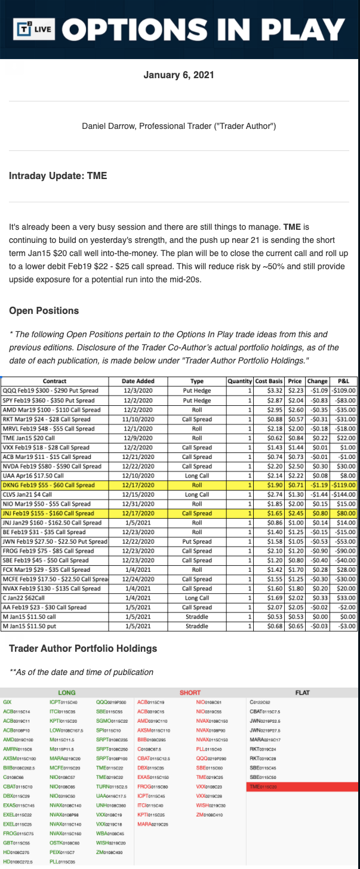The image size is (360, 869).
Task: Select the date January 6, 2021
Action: coord(180,75)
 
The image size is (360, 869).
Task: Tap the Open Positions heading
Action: coord(44,310)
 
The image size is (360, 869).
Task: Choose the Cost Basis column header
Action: coord(268,381)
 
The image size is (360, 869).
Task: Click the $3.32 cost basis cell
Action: coord(269,390)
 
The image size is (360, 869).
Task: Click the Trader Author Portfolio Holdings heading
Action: coord(83,648)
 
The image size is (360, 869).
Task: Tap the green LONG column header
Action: coord(66,692)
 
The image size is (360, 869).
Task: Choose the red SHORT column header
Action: coord(190,692)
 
